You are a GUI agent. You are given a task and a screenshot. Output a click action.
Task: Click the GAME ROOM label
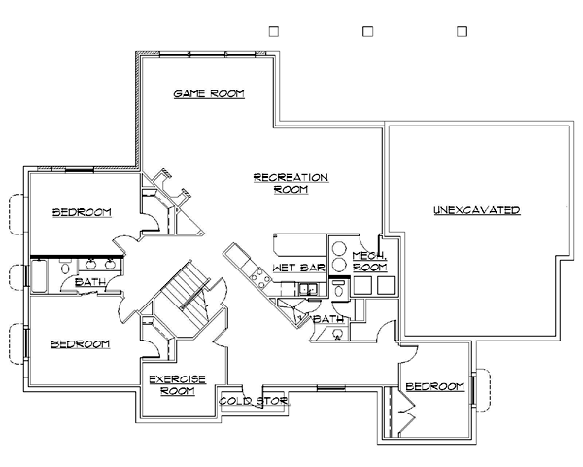coord(209,93)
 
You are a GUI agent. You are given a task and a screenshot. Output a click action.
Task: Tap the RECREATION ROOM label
coord(291,183)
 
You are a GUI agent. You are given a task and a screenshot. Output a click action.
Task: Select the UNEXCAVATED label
coord(477,210)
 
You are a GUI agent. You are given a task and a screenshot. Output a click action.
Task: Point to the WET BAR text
coord(298,268)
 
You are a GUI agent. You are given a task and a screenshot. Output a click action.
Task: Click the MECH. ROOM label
coord(370,262)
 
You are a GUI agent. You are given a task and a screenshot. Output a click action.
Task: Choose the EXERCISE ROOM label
coord(178,385)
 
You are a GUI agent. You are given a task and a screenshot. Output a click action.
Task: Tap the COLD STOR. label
coord(255,401)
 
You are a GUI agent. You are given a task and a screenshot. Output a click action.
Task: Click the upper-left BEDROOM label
coord(82,212)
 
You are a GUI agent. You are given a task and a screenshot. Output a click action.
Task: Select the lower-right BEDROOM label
coord(435,386)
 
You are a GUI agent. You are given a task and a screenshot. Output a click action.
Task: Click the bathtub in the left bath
coord(39,276)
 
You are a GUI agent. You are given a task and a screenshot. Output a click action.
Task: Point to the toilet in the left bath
coord(65,268)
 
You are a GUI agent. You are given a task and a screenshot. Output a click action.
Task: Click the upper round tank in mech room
coord(339,248)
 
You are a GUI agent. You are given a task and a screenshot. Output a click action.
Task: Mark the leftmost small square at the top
coord(274,31)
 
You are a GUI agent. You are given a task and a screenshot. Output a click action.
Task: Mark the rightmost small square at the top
coord(462,31)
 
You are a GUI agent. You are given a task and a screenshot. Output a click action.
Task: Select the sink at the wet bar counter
coord(308,289)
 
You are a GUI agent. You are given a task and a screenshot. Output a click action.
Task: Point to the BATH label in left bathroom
coord(90,282)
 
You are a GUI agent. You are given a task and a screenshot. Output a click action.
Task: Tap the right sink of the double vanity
coord(109,264)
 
